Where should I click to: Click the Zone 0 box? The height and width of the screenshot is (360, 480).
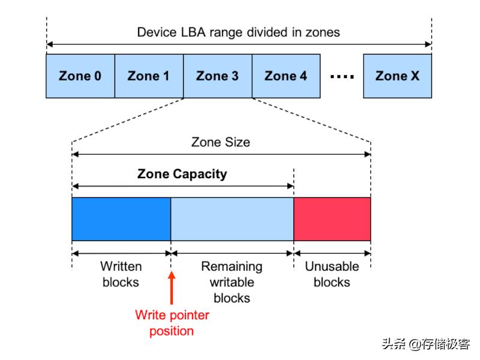tap(80, 76)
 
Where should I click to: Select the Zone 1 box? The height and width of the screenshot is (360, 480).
tap(149, 76)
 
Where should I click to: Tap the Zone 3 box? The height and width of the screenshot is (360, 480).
tap(217, 76)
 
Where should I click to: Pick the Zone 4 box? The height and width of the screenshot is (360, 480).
tap(286, 76)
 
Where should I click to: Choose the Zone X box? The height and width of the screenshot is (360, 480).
tap(397, 76)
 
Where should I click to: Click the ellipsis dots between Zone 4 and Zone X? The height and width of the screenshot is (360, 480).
tap(343, 77)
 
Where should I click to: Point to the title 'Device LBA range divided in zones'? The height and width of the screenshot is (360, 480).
tap(238, 32)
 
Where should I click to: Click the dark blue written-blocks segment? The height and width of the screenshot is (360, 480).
tap(121, 219)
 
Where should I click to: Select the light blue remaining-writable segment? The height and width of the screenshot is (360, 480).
tap(232, 219)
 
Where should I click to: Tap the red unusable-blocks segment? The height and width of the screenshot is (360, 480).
tap(332, 219)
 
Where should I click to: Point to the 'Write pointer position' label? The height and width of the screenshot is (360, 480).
tap(172, 323)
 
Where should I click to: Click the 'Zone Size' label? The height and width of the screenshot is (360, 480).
tap(221, 142)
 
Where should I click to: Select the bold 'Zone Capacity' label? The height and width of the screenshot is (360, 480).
tap(182, 174)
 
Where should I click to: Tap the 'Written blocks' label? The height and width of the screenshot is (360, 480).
tap(121, 274)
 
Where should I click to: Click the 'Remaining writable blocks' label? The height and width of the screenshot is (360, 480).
tap(232, 281)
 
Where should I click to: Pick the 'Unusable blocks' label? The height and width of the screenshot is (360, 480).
tap(332, 274)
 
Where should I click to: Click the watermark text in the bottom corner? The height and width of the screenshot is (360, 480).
tap(426, 344)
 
